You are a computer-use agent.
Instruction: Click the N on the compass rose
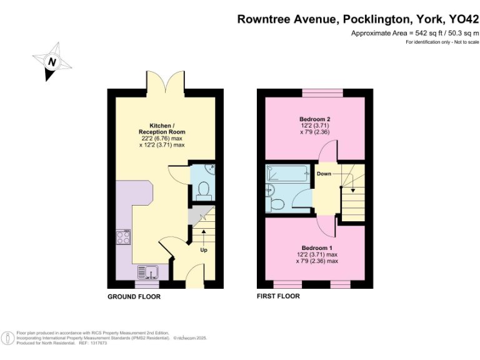[x=52, y=62]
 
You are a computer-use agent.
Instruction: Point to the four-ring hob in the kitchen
[x=123, y=237]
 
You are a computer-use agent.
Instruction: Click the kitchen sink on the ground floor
[x=149, y=272]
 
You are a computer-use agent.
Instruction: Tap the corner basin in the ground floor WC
[x=210, y=169]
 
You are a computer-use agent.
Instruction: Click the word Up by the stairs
[x=204, y=250]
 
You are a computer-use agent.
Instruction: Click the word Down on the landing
[x=324, y=173]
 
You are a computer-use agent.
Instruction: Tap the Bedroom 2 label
[x=314, y=119]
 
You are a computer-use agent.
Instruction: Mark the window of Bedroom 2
[x=322, y=94]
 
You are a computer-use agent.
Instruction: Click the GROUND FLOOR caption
[x=134, y=296]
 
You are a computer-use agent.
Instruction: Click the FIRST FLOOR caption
[x=279, y=296]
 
